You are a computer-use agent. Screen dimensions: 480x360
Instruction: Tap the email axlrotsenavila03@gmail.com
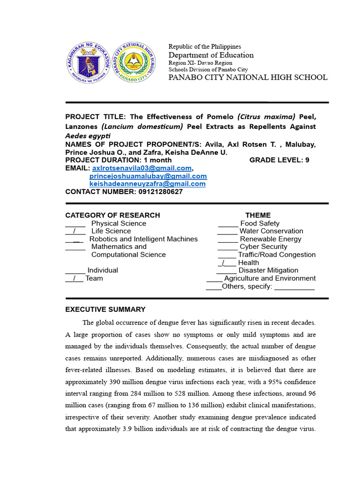[x=142, y=168]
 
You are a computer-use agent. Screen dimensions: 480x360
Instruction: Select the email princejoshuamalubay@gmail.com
[x=148, y=176]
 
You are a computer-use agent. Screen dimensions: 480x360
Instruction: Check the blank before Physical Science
[x=75, y=224]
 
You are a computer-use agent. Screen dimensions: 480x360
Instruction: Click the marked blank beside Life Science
[x=75, y=231]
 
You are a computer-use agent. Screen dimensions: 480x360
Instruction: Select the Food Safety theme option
[x=259, y=224]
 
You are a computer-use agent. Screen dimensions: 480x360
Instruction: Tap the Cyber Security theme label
[x=263, y=247]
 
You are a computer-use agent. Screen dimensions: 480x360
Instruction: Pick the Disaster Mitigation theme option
[x=268, y=270]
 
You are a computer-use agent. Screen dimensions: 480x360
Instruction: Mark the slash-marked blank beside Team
[x=74, y=278]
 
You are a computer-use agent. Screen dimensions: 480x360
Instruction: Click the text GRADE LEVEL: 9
[x=279, y=160]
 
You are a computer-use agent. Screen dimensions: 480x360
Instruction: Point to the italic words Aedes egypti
[x=88, y=135]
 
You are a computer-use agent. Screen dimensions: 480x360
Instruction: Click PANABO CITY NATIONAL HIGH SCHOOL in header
[x=248, y=77]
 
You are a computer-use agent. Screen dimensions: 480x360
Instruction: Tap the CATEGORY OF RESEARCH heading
[x=112, y=215]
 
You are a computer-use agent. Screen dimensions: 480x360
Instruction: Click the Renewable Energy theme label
[x=270, y=239]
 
